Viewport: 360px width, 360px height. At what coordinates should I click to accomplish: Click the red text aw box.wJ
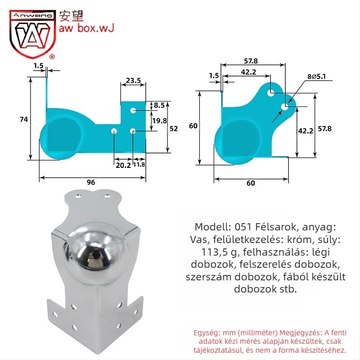click(x=86, y=28)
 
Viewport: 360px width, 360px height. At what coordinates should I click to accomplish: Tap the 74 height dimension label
click(x=24, y=119)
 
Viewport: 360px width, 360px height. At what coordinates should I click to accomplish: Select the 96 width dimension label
click(x=91, y=182)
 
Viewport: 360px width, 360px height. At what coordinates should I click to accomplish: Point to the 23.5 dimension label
click(x=133, y=81)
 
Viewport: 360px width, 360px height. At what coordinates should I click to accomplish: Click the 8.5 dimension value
click(x=159, y=105)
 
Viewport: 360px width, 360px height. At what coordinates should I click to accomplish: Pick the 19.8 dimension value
click(x=160, y=121)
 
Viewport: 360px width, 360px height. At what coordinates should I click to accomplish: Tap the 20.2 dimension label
click(x=123, y=165)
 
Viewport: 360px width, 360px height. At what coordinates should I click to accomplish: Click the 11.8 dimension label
click(x=139, y=164)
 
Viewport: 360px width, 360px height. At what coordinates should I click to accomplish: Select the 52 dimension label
click(x=174, y=129)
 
